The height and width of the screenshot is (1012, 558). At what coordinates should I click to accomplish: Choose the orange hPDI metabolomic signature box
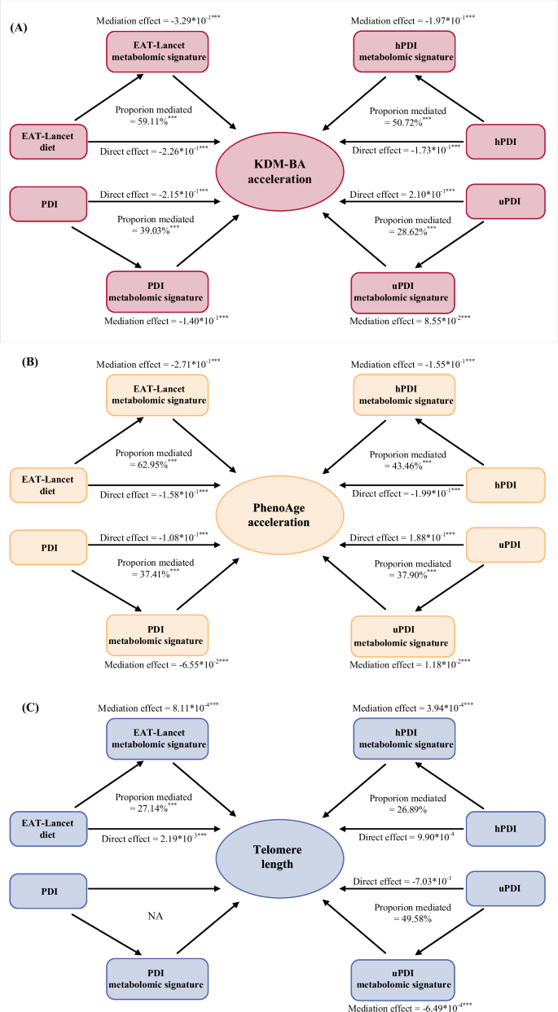402,393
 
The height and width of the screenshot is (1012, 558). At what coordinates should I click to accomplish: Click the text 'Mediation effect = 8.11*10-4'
157,709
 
